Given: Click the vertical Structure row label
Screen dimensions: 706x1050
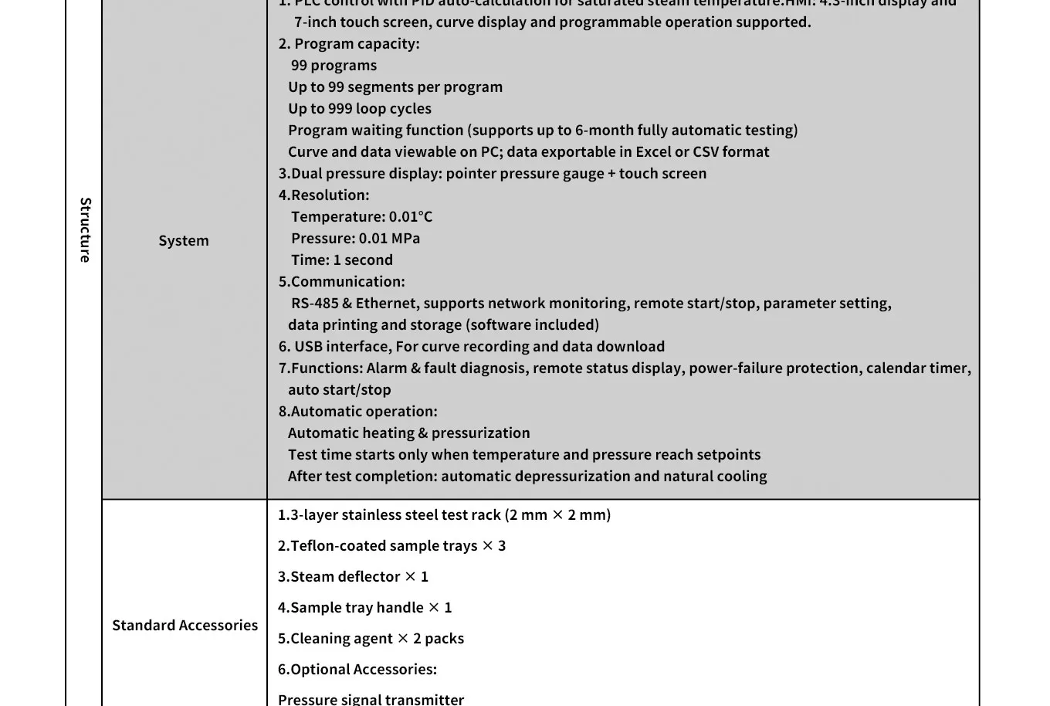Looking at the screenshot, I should coord(85,230).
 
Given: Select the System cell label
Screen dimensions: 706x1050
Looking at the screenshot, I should coord(184,240).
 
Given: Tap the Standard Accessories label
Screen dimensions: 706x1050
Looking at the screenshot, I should coord(185,625).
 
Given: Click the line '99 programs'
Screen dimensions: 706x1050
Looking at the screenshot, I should coord(334,66).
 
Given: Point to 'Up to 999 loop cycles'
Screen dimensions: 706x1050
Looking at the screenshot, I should coord(359,109).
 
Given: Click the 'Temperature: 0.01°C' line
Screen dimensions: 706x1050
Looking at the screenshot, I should coord(361,217).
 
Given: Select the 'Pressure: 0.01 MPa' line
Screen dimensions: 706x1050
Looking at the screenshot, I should coord(355,239).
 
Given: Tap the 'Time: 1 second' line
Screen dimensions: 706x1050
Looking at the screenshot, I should coord(341,260).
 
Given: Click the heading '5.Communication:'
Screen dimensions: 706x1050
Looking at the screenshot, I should coord(341,282).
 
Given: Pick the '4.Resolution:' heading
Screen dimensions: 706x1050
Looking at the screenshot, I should coord(323,195).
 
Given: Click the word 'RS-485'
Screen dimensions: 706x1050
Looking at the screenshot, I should coord(314,304).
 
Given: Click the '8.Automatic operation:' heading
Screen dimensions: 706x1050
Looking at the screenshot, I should coord(357,412).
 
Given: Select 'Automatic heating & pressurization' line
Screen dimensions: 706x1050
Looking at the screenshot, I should coord(408,433).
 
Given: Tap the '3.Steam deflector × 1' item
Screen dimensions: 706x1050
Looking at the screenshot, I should coord(353,577).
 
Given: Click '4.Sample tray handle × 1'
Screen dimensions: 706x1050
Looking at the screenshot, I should coord(364,608).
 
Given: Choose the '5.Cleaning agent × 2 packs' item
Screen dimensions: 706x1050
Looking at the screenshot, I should coord(371,639).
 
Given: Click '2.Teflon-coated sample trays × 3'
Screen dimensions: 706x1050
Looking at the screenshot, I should coord(391,546).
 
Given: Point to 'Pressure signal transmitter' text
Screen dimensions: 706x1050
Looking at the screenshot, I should coord(371,699).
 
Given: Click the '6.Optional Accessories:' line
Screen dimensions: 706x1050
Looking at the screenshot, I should coord(357,670).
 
